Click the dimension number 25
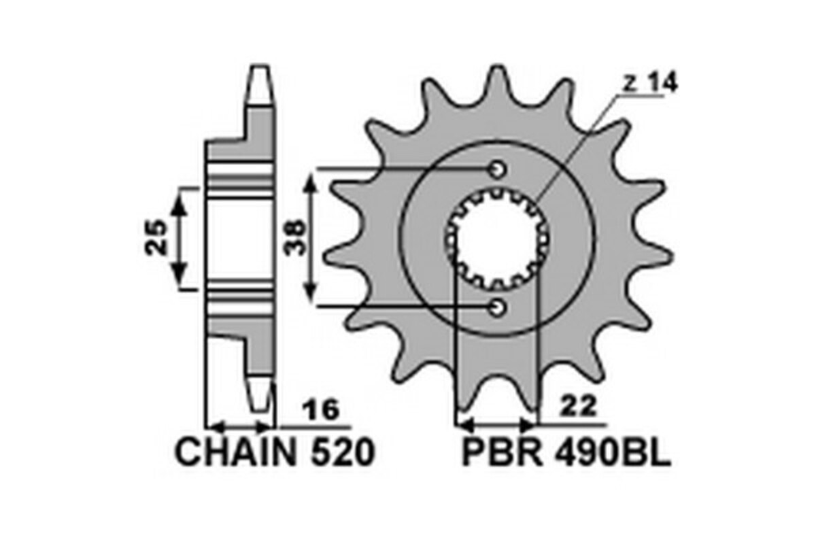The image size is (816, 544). click(x=157, y=237)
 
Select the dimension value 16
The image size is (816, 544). click(x=320, y=411)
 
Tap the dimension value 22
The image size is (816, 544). click(x=579, y=407)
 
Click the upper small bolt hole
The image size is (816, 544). click(x=498, y=168)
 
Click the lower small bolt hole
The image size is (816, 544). click(x=498, y=307)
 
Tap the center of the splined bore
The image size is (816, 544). click(x=498, y=237)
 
